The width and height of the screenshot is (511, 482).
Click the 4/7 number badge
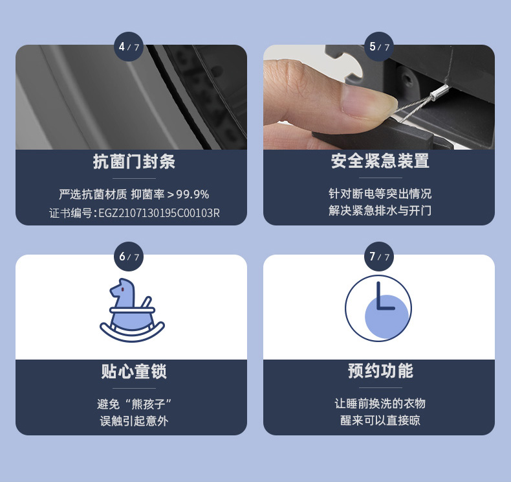pyautogui.click(x=129, y=47)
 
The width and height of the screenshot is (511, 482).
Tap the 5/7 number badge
pyautogui.click(x=379, y=47)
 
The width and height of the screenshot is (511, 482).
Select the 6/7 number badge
pyautogui.click(x=129, y=257)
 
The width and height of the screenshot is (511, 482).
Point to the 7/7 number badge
pyautogui.click(x=379, y=257)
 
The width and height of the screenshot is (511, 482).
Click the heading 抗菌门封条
pyautogui.click(x=134, y=161)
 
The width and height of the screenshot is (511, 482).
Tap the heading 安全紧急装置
pyautogui.click(x=380, y=161)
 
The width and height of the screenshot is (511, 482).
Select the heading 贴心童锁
pyautogui.click(x=134, y=371)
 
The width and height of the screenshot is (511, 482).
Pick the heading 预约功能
pyautogui.click(x=380, y=371)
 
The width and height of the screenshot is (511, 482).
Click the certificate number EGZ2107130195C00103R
pyautogui.click(x=159, y=213)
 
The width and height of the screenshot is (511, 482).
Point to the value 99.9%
pyautogui.click(x=193, y=194)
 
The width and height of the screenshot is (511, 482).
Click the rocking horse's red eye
pyautogui.click(x=122, y=289)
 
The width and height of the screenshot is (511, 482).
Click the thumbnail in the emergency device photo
pyautogui.click(x=367, y=100)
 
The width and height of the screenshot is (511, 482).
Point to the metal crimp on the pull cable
pyautogui.click(x=437, y=92)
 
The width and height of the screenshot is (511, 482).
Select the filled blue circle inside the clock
pyautogui.click(x=387, y=317)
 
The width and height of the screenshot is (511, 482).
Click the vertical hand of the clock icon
pyautogui.click(x=378, y=295)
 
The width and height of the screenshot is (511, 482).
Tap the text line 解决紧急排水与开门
pyautogui.click(x=380, y=211)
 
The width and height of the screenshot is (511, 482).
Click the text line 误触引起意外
pyautogui.click(x=134, y=421)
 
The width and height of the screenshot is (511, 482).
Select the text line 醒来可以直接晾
pyautogui.click(x=380, y=420)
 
